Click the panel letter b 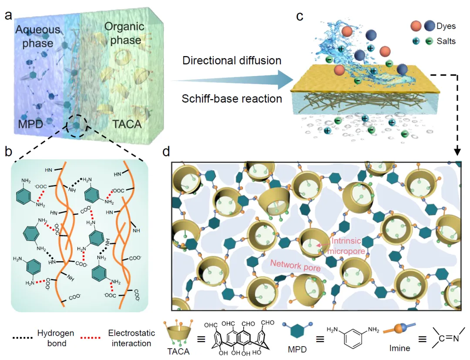pyautogui.click(x=8, y=152)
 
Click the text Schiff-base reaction pyautogui.click(x=232, y=98)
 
